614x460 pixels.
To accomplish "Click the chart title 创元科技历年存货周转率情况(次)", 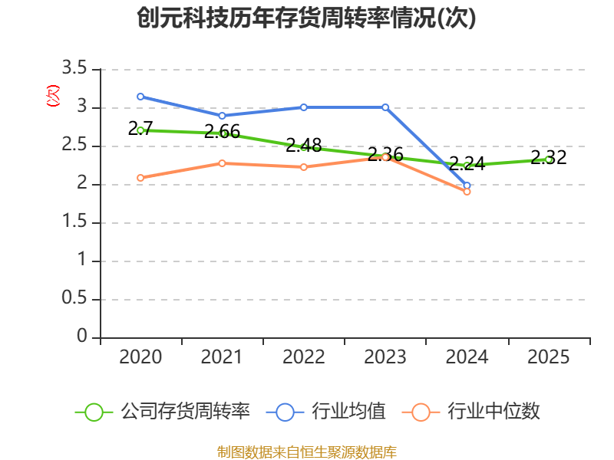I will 307,18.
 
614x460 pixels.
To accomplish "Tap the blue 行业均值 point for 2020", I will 140,97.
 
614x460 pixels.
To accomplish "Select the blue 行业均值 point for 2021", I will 222,116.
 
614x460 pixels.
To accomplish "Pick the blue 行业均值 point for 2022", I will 304,107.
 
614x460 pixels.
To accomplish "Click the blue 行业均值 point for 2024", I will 467,186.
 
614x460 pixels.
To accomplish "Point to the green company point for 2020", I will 140,130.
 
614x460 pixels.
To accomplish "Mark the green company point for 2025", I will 549,159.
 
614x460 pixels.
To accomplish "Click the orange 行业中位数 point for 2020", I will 140,178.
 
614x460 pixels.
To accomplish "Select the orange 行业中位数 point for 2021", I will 222,163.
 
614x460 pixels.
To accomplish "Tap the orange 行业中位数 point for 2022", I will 304,167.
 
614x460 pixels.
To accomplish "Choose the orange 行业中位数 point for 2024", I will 467,192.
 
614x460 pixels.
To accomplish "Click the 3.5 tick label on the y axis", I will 74,70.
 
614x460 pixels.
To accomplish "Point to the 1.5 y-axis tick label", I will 74,223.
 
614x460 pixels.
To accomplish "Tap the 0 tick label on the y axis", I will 82,337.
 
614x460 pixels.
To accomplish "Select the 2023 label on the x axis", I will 385,357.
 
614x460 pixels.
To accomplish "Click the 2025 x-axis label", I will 549,357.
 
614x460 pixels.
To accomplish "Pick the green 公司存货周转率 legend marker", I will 94,412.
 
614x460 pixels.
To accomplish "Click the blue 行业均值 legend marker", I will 285,412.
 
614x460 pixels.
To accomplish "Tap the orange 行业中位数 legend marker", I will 421,412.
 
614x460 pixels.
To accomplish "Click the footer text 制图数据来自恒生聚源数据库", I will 307,452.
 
